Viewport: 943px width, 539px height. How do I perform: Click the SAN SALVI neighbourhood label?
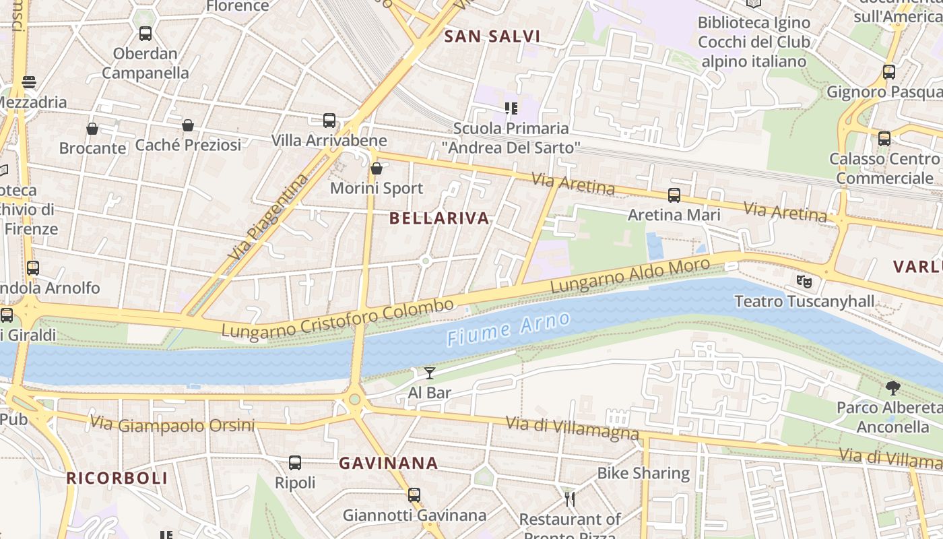492,36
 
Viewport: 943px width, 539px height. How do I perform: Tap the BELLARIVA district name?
439,218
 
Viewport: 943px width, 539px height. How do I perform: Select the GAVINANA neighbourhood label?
388,464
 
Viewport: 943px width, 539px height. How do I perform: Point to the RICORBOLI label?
117,478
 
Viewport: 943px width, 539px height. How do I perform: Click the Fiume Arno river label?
509,329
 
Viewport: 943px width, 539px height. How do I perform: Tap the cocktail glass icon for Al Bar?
430,373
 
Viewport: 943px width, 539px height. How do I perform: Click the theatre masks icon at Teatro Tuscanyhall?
804,281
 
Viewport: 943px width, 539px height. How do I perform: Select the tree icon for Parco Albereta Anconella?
893,388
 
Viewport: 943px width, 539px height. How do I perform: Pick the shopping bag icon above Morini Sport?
377,168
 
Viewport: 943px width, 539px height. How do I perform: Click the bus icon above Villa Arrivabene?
329,121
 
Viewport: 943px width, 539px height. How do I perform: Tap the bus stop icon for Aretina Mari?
674,195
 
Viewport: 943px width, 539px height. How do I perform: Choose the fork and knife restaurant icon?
570,499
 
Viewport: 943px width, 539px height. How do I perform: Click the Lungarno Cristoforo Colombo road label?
337,319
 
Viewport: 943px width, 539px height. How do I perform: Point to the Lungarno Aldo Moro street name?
630,276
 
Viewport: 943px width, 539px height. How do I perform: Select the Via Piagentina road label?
267,218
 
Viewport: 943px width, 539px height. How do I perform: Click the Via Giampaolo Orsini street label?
172,425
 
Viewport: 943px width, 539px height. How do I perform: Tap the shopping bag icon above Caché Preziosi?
188,125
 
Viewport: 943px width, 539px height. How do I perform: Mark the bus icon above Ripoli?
295,463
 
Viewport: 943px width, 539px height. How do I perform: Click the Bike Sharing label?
643,474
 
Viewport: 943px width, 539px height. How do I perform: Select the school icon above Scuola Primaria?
511,108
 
